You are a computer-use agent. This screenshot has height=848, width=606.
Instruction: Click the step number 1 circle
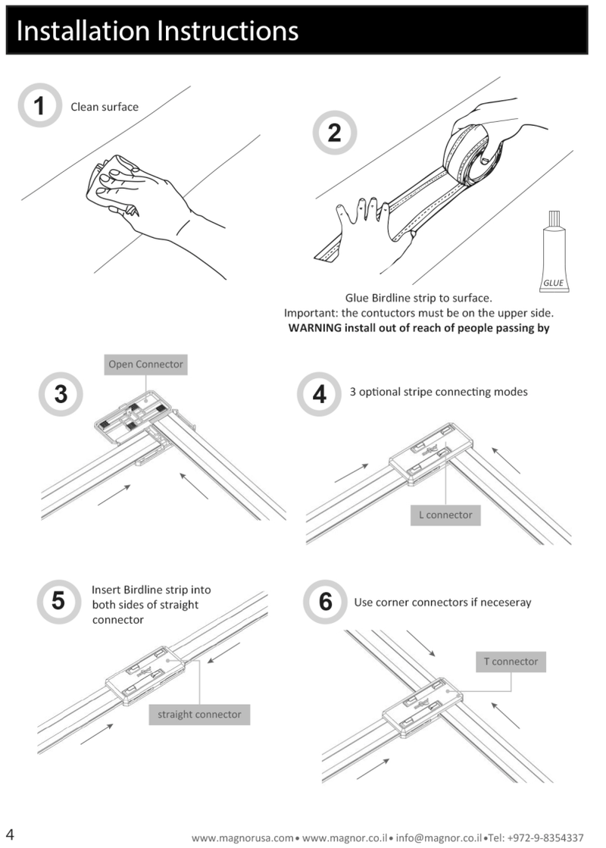(40, 106)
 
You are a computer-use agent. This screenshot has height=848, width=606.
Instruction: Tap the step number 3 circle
(61, 394)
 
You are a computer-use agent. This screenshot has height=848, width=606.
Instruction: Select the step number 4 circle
(319, 394)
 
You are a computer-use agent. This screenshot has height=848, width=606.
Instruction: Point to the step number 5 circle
(58, 601)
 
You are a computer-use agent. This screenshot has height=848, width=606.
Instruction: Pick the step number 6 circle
(325, 602)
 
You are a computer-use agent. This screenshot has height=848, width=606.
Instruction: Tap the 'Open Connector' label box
(145, 365)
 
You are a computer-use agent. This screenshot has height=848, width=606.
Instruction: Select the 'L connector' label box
(445, 515)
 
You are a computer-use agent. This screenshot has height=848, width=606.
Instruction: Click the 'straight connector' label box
(199, 715)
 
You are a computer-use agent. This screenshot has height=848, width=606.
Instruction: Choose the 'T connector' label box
(511, 662)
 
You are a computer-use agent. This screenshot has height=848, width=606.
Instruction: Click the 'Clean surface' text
(105, 107)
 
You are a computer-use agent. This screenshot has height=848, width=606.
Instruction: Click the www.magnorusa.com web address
(242, 838)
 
